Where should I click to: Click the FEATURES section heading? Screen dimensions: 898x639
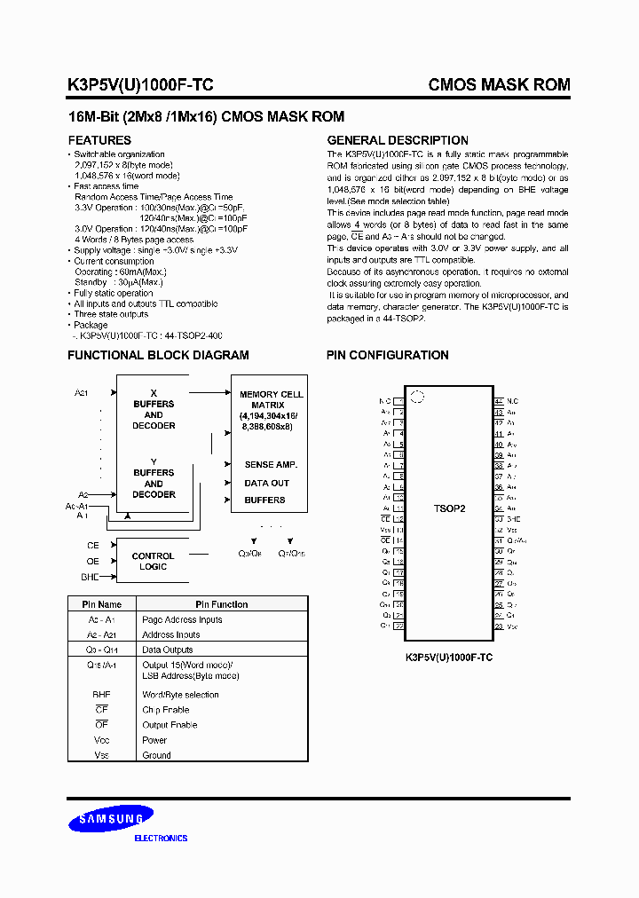(x=99, y=140)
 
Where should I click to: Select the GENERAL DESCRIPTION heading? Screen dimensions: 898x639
(x=398, y=140)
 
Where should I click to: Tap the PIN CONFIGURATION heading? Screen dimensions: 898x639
(x=388, y=355)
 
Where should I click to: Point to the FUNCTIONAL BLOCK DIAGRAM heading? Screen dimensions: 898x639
(x=159, y=355)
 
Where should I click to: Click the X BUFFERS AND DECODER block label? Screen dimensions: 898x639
(x=154, y=409)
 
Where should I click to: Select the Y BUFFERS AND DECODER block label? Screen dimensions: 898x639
(x=154, y=478)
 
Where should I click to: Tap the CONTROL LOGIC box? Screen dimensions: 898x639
(x=153, y=561)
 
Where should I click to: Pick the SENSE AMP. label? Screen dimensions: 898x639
(x=271, y=465)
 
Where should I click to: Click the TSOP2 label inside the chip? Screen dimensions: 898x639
(x=450, y=510)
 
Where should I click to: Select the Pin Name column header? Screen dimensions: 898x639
(x=102, y=604)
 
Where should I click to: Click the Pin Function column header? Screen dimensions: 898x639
(x=222, y=604)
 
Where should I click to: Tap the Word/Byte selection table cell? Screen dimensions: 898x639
(x=180, y=695)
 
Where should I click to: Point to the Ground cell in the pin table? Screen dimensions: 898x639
(x=156, y=755)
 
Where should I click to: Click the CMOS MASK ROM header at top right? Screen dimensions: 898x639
(x=499, y=85)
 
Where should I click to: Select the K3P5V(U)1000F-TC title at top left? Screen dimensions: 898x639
(x=140, y=85)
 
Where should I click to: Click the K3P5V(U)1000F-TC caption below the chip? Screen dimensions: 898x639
(x=449, y=658)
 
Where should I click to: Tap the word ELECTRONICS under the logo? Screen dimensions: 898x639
(x=161, y=839)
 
